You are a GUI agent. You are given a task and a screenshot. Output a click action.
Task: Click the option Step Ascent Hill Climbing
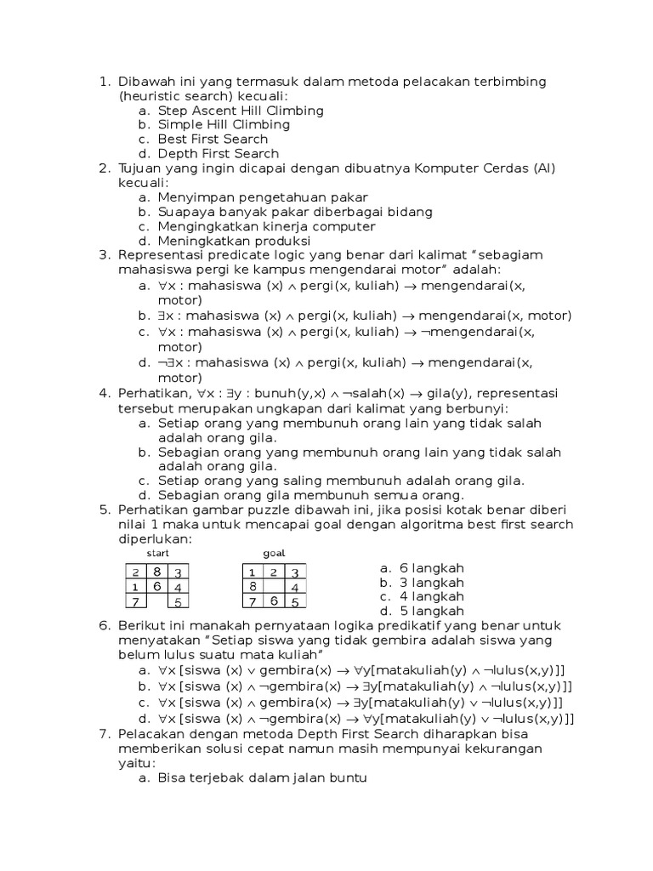pyautogui.click(x=240, y=111)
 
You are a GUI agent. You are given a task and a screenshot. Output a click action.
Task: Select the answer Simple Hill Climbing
pyautogui.click(x=223, y=125)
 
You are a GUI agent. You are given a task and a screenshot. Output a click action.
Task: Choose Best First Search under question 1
pyautogui.click(x=212, y=139)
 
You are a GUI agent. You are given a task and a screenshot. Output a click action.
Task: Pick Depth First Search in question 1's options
pyautogui.click(x=218, y=154)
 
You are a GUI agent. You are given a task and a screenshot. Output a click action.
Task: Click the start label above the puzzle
pyautogui.click(x=157, y=553)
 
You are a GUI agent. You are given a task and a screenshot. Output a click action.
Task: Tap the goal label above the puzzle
pyautogui.click(x=274, y=553)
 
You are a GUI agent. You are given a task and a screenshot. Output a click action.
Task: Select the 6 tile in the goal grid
pyautogui.click(x=274, y=601)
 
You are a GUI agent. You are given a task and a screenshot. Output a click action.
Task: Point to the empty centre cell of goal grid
pyautogui.click(x=274, y=587)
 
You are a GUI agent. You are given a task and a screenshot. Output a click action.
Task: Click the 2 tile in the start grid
pyautogui.click(x=136, y=572)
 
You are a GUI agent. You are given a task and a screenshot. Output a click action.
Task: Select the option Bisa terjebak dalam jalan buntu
pyautogui.click(x=262, y=777)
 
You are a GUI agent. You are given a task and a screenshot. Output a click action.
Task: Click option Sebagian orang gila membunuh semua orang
pyautogui.click(x=310, y=495)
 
